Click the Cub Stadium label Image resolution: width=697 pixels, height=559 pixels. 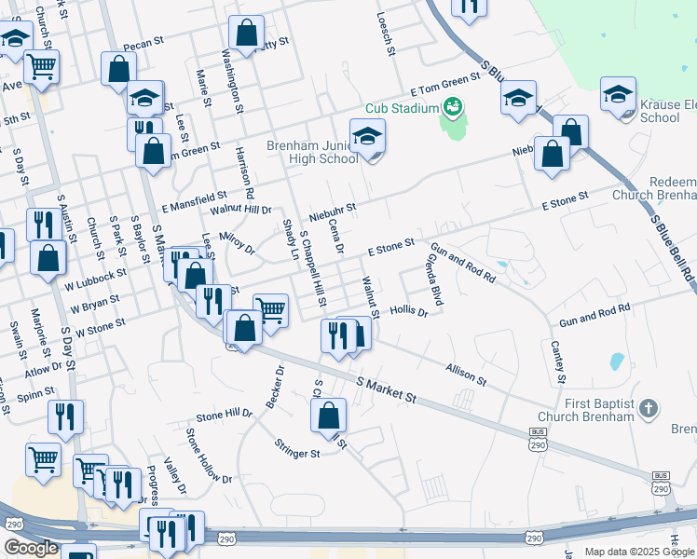click(402, 108)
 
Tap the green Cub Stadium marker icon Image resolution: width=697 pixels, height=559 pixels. click(454, 107)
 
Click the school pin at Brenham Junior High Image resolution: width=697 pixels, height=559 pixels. click(367, 137)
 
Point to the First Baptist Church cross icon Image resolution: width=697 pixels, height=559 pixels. click(649, 408)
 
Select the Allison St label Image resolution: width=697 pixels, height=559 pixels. click(466, 375)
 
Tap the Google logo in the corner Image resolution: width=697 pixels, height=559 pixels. click(30, 549)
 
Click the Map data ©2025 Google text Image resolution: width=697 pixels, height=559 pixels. click(638, 552)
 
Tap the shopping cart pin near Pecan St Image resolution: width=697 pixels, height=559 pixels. click(41, 66)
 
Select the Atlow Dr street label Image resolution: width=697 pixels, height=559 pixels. click(44, 366)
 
